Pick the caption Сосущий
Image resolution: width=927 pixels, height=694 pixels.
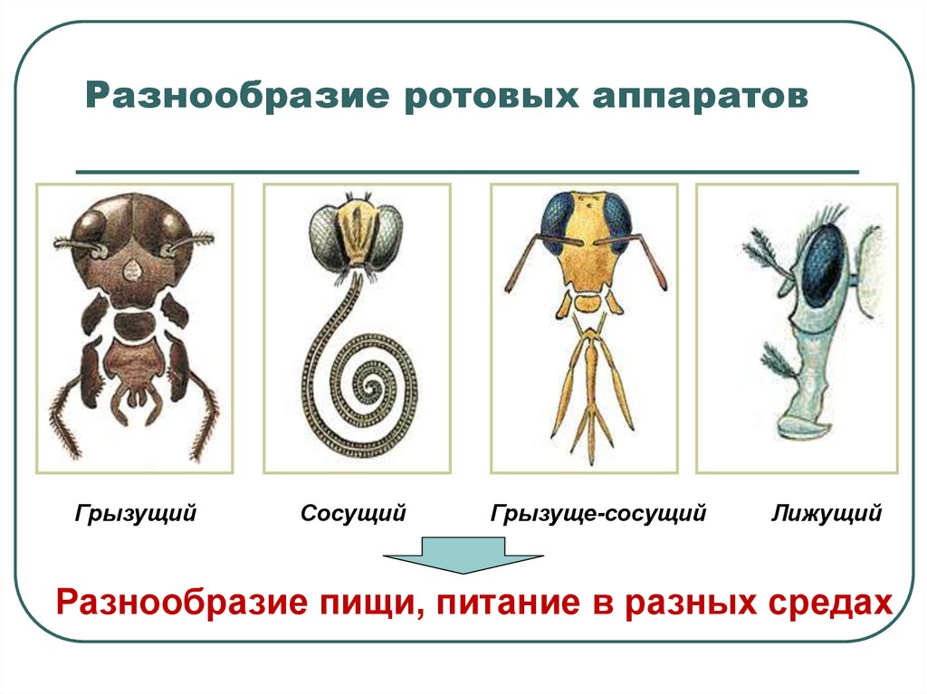click(353, 515)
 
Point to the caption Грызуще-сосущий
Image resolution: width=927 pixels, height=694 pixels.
click(598, 515)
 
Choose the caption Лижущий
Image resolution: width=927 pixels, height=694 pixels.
click(827, 515)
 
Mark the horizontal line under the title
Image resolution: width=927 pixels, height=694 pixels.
click(466, 171)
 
